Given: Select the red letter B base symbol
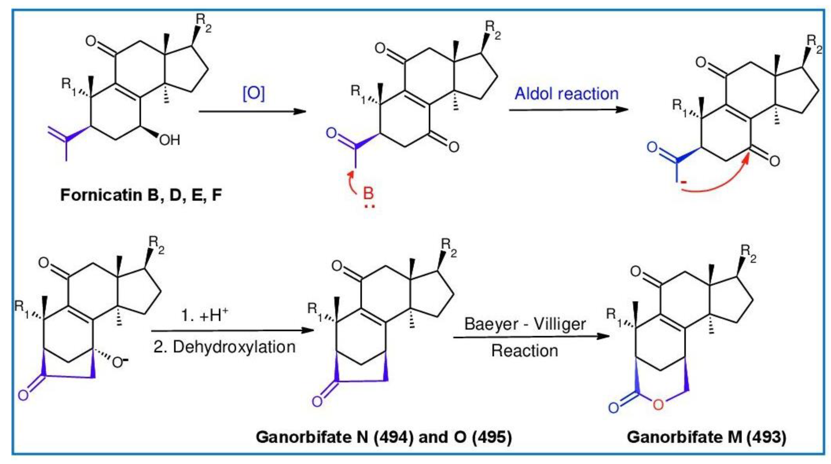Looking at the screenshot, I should click(x=368, y=193).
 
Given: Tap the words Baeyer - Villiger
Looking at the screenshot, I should click(x=525, y=324).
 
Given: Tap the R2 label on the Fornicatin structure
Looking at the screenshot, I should click(x=204, y=23).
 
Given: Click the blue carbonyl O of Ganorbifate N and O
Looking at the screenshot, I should click(x=317, y=401).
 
